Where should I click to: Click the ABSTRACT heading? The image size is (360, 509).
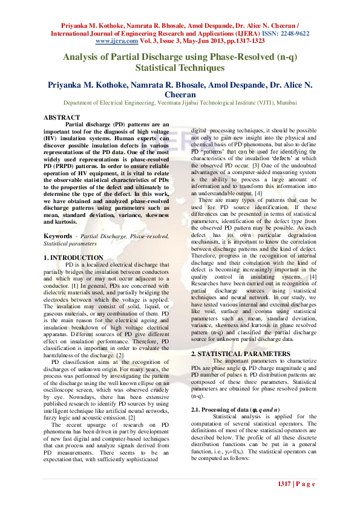(x=62, y=117)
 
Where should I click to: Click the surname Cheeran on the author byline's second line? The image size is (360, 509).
(x=180, y=94)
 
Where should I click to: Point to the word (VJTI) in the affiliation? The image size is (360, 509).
(x=256, y=103)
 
